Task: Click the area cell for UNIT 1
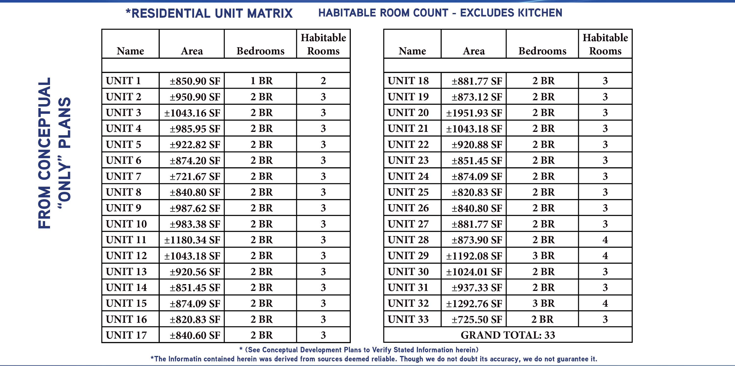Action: click(195, 81)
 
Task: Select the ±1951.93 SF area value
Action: click(474, 113)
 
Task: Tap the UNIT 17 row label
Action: click(126, 335)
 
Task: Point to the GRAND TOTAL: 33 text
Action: click(508, 335)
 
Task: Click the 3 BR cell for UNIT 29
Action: click(543, 255)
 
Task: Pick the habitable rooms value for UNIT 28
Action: click(605, 240)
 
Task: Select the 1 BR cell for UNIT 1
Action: click(261, 81)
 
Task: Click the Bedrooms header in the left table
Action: click(260, 51)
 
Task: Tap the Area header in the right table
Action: click(474, 51)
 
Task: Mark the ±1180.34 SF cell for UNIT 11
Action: click(192, 240)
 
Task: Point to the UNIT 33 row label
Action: click(408, 319)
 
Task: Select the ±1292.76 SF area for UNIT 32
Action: click(474, 303)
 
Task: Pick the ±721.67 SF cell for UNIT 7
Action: click(195, 177)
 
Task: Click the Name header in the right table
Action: click(412, 51)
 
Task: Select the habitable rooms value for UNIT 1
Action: click(323, 81)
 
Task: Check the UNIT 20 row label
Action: click(408, 113)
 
